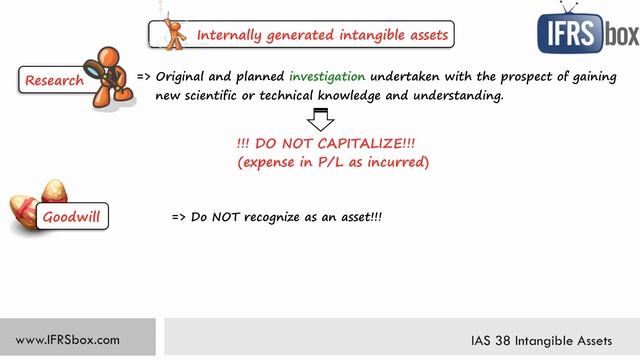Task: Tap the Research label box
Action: (54, 80)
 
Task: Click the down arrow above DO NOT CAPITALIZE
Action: (320, 121)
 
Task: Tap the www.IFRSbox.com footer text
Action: (68, 339)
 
